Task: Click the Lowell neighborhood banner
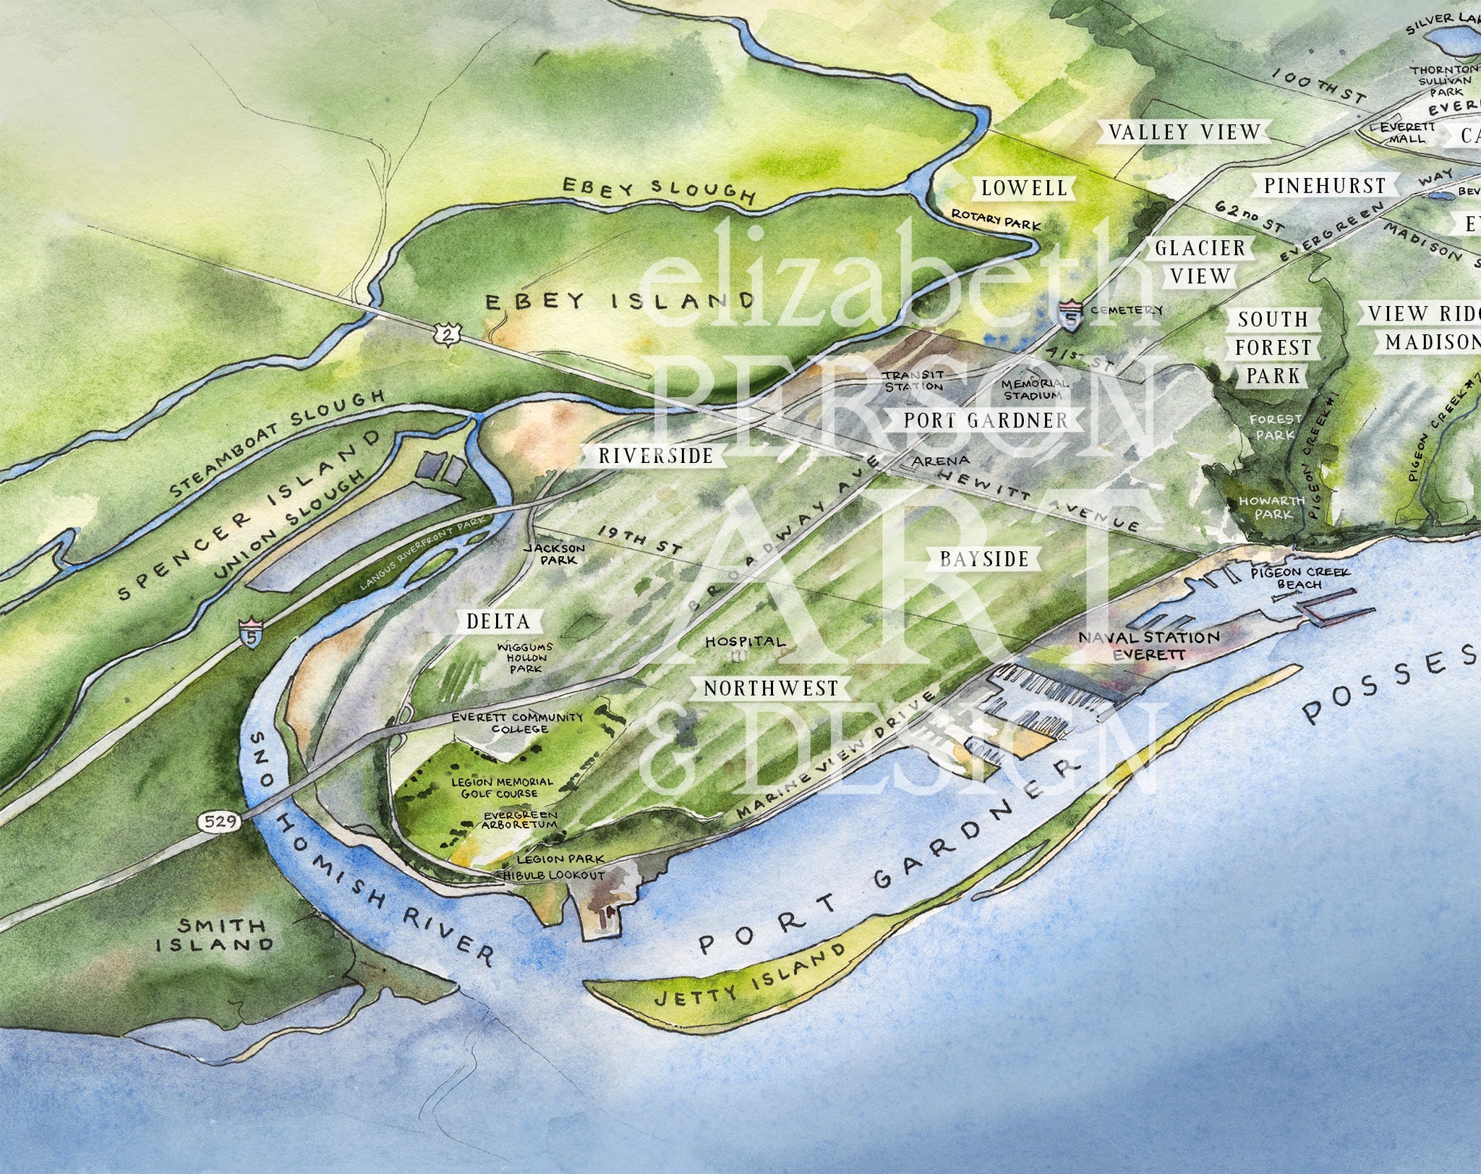tap(1024, 189)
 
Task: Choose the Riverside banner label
tap(655, 456)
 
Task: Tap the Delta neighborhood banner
tap(498, 621)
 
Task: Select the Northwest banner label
tap(771, 688)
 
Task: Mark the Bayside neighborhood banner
tap(984, 558)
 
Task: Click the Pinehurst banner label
tap(1325, 186)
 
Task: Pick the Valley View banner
tap(1185, 132)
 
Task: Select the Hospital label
tap(744, 642)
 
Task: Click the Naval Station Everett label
tap(1148, 645)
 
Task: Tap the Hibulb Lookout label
tap(553, 875)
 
